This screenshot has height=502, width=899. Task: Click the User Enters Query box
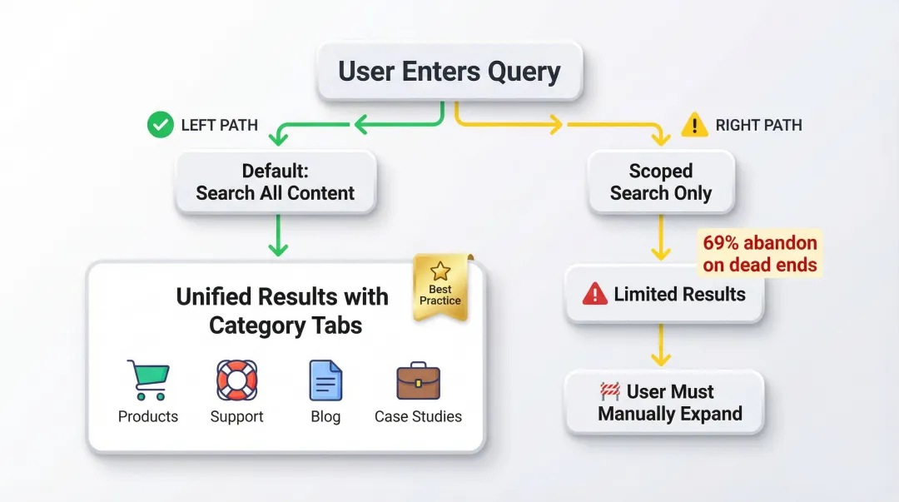(x=449, y=71)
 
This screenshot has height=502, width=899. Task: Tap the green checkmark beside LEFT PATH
(x=160, y=125)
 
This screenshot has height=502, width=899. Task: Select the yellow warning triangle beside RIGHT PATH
(x=694, y=125)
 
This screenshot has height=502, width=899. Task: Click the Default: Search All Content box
(x=276, y=182)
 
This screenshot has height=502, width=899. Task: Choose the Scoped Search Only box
(x=661, y=182)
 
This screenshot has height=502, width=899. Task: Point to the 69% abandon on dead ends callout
(x=760, y=254)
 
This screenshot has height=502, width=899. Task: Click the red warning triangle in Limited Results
(x=594, y=294)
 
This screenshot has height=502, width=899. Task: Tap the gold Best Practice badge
(x=441, y=287)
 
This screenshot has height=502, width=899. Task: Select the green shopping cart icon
(x=148, y=380)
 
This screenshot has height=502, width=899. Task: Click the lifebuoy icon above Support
(x=236, y=380)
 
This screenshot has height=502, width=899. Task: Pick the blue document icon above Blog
(x=325, y=380)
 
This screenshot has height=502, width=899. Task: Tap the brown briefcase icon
(x=418, y=381)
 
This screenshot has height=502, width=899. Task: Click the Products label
(x=148, y=416)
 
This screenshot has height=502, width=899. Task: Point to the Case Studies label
(x=418, y=416)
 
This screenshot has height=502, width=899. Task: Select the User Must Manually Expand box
(x=664, y=402)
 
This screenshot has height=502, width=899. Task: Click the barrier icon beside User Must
(x=610, y=391)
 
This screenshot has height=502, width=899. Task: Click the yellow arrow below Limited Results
(x=661, y=346)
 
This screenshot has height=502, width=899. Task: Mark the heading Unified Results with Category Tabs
(x=283, y=311)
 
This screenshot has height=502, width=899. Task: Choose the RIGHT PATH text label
(x=758, y=126)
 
